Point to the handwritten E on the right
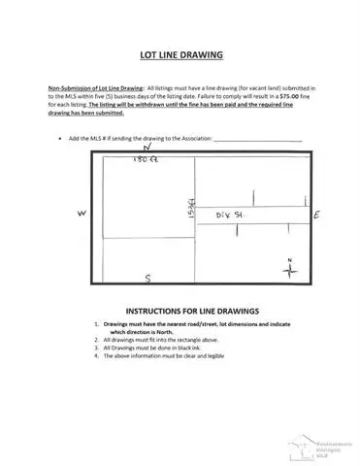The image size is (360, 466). pos(317,214)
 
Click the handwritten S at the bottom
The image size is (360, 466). pos(147,278)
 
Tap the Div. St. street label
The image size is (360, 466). pos(228,213)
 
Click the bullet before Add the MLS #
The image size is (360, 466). pos(62,138)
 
